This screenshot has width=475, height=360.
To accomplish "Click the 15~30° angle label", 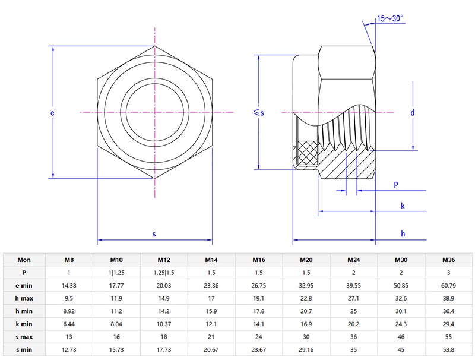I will coord(391,18).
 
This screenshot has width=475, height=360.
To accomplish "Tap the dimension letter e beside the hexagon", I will coord(52,112).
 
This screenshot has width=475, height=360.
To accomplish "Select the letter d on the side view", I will coord(412,112).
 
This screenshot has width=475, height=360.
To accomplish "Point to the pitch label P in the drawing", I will coord(396,185).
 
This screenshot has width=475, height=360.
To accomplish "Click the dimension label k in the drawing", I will coord(403,206).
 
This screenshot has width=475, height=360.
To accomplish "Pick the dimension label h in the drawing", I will coord(403,234).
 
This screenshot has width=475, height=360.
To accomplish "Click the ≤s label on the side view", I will coord(258,112).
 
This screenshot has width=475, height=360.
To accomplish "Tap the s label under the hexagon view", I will coord(154,234).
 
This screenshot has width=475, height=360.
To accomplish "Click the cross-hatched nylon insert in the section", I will coord(307,154).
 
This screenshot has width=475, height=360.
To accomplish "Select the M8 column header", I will coord(69,260).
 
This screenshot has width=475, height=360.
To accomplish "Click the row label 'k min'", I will coord(24,324).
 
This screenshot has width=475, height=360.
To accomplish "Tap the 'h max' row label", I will coord(24,298).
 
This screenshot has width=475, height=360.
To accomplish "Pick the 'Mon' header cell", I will coord(24,260).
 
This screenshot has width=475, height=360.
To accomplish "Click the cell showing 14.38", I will coord(69,285).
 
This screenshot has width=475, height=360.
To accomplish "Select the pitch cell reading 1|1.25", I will coord(116,273).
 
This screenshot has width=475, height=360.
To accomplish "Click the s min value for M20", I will coord(306,349).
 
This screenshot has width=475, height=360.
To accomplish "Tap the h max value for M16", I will coord(259,298).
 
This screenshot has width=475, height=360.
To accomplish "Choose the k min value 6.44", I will coord(69,324).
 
